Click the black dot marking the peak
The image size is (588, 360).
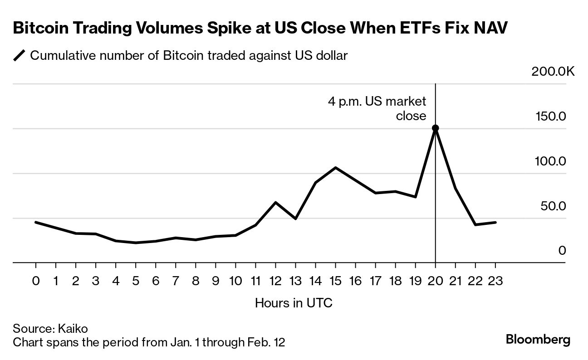(x=436, y=128)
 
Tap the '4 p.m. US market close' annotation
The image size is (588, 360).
(x=377, y=108)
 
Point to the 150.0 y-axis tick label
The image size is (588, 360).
(x=551, y=117)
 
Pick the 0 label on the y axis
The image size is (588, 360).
(x=562, y=251)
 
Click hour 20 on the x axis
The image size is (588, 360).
(x=436, y=281)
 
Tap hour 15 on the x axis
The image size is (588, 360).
(x=335, y=281)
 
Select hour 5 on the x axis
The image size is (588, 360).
(x=136, y=281)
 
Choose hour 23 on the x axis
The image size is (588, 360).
(x=495, y=281)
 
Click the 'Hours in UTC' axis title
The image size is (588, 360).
(x=294, y=302)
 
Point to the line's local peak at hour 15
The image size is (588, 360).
(x=335, y=167)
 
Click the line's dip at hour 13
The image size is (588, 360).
(x=295, y=219)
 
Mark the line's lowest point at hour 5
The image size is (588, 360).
(x=136, y=243)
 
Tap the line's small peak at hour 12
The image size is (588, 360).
(x=275, y=202)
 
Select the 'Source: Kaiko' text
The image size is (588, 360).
(x=50, y=329)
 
